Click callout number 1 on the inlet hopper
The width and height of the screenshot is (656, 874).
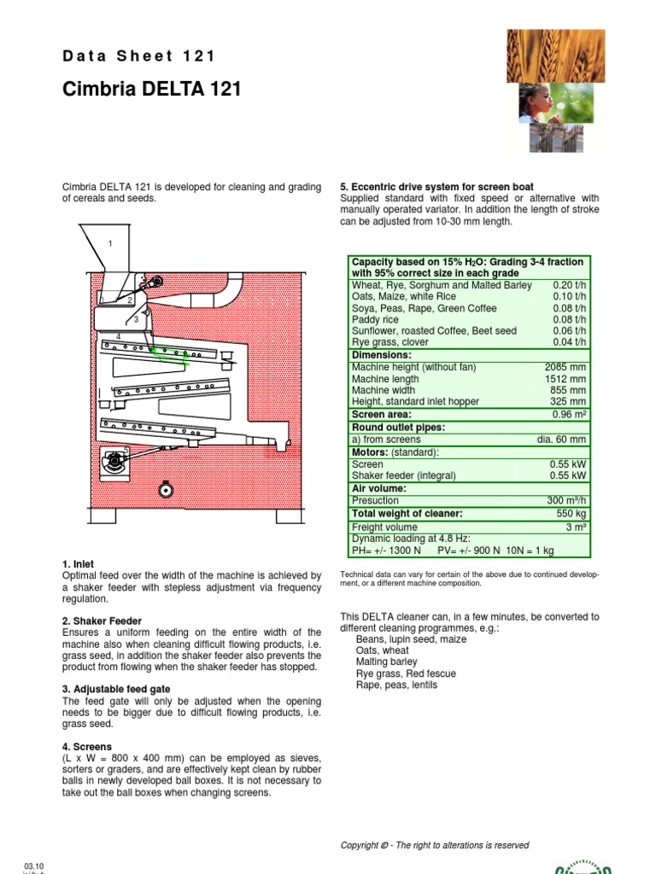(x=110, y=244)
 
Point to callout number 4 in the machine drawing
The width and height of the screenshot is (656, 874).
(x=118, y=337)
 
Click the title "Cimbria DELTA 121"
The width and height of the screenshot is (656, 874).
(x=152, y=90)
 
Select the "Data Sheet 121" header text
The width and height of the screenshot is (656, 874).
(x=139, y=56)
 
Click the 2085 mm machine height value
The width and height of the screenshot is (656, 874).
(x=567, y=367)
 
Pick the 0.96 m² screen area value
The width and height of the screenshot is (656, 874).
(x=570, y=414)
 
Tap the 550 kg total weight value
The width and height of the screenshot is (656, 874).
(x=571, y=514)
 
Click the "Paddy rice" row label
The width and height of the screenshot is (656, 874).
(x=377, y=320)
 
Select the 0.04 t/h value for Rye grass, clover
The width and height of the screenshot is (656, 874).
(x=569, y=342)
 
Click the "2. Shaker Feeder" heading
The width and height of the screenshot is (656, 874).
(x=102, y=621)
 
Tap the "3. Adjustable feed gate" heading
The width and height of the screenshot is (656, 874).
(x=116, y=689)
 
